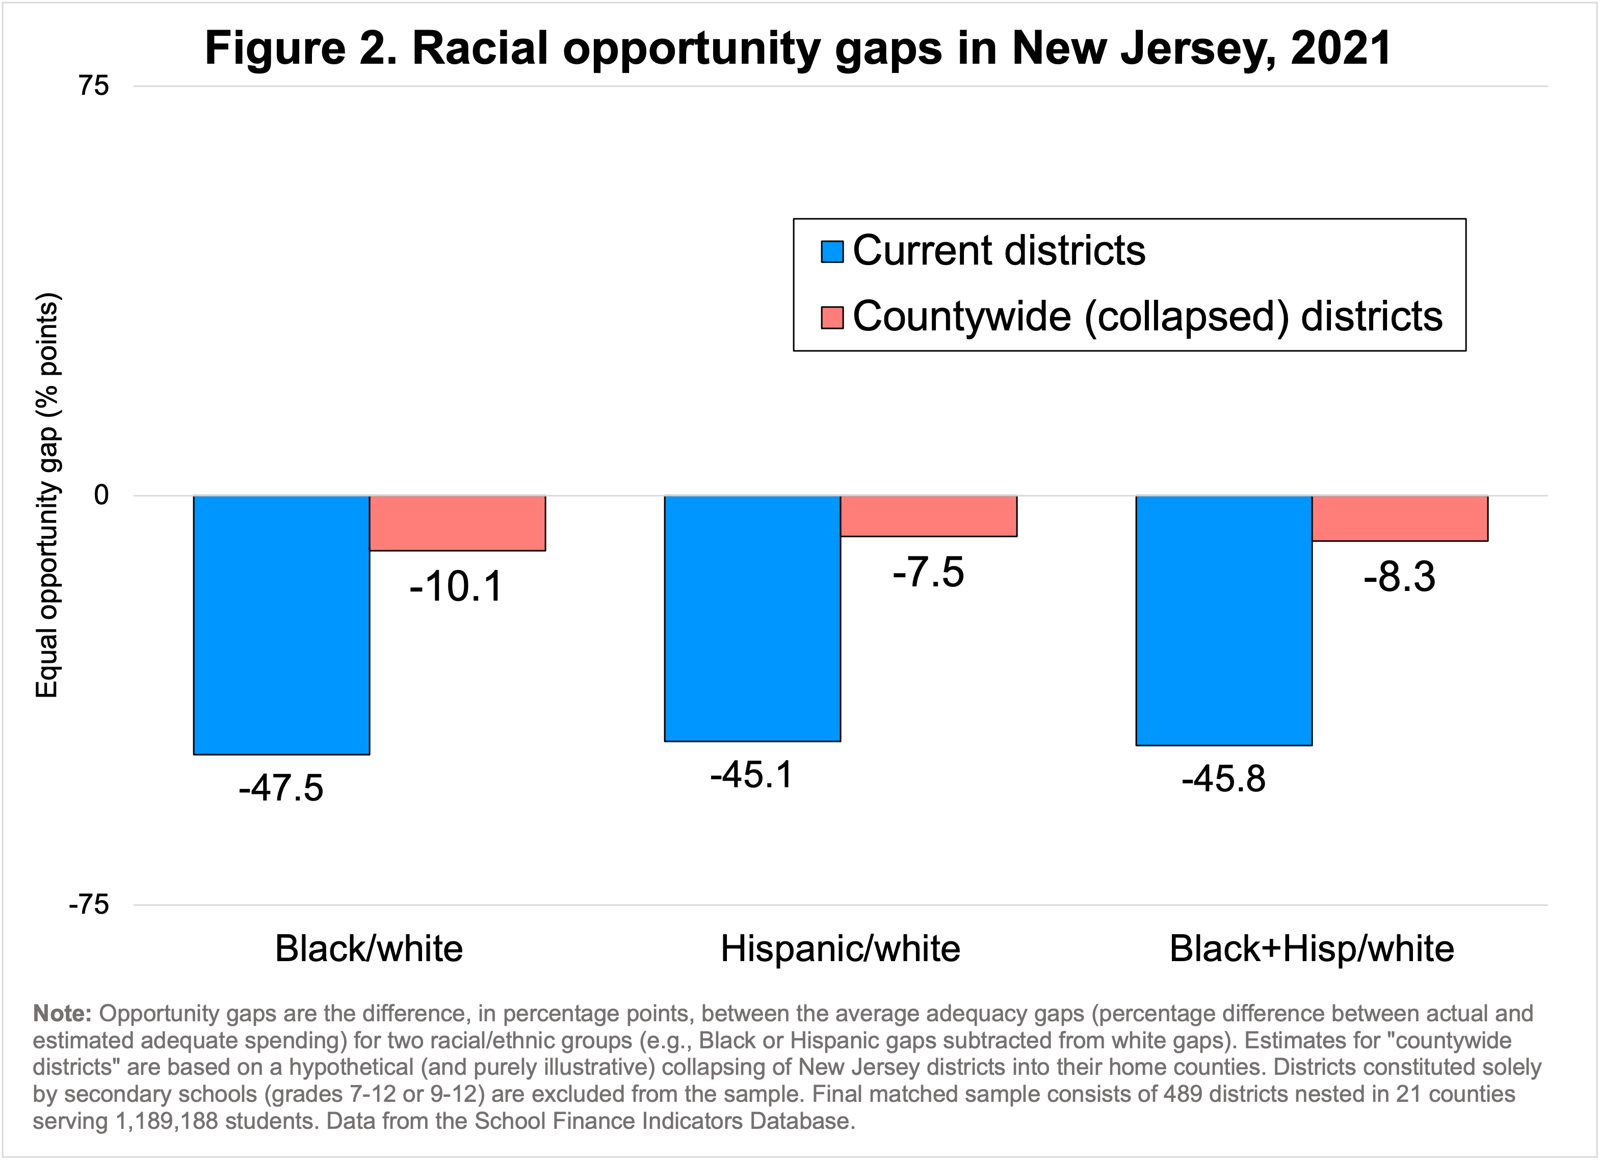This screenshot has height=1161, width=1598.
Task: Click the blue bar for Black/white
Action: pos(281,625)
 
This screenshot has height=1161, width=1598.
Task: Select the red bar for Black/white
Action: pos(457,523)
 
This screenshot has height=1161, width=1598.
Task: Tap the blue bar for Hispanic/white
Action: pos(752,618)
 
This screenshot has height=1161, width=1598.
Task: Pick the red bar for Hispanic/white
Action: pos(929,516)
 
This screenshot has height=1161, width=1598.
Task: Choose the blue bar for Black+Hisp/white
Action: pos(1224,621)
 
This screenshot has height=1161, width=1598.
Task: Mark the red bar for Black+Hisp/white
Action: pos(1400,518)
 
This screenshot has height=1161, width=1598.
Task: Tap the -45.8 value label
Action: pos(1224,779)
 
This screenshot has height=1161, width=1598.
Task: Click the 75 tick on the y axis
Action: pos(94,86)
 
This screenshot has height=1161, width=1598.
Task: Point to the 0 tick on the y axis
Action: pos(101,496)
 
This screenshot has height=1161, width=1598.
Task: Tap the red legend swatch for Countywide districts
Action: pos(832,317)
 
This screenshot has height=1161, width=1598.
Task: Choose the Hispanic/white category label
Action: pos(841,949)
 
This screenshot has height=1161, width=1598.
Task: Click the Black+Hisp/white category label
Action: pos(1312,949)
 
